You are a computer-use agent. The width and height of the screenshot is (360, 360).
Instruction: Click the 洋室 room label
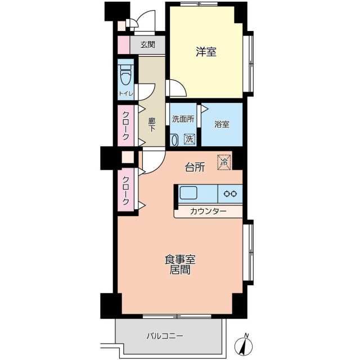[206, 52]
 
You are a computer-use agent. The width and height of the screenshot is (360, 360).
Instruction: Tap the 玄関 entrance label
[147, 44]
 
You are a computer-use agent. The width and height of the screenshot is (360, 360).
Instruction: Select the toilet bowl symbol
[125, 74]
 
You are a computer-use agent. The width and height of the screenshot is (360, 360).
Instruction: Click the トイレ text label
[126, 94]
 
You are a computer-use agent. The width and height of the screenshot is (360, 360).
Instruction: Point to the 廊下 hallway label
[151, 124]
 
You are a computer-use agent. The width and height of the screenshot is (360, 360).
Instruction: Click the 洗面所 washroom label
[183, 119]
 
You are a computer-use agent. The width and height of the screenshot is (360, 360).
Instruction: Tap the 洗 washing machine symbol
[190, 138]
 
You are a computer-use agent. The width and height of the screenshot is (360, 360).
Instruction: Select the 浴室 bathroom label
[222, 124]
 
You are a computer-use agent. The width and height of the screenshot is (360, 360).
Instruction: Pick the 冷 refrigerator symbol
[224, 161]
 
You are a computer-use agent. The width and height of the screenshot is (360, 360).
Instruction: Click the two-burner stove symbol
[230, 193]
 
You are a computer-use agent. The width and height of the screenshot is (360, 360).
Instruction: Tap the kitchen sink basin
[188, 193]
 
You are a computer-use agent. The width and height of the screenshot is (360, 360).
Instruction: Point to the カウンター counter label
[208, 211]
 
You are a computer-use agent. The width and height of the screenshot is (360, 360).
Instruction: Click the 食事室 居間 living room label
[180, 264]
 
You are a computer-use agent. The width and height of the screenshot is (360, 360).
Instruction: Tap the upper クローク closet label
[126, 125]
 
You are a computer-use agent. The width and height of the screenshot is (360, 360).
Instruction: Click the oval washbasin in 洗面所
[174, 139]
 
